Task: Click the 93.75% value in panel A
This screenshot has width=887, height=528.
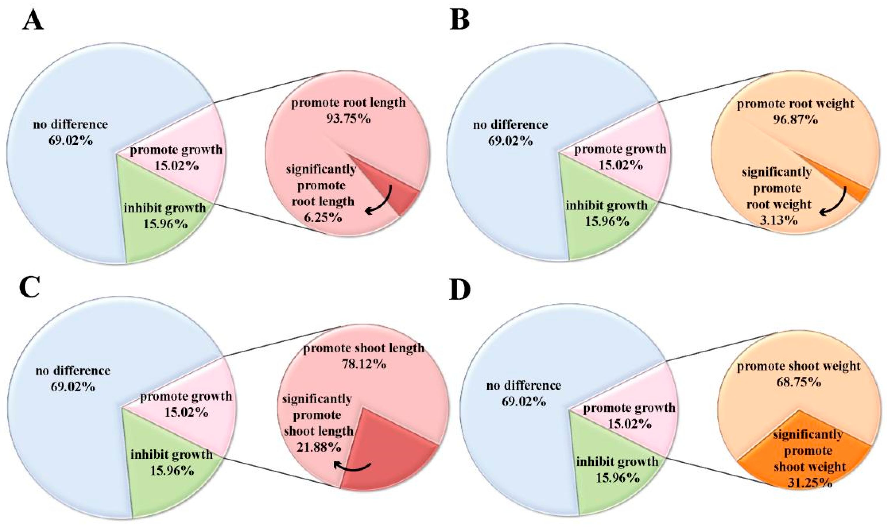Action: (x=348, y=119)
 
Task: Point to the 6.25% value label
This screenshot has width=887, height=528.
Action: (x=323, y=217)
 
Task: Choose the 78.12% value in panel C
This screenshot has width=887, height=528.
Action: (x=364, y=364)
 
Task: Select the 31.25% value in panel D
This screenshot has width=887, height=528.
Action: (x=810, y=483)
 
